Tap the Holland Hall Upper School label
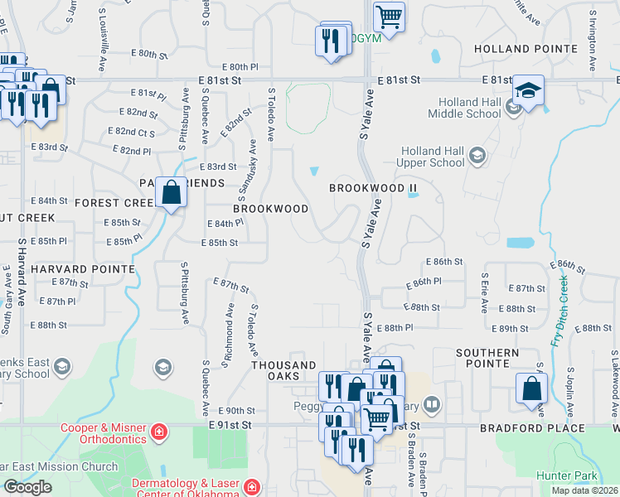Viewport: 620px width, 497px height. click(432, 157)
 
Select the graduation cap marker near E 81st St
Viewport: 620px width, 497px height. click(528, 90)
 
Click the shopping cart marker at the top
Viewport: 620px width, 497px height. click(389, 16)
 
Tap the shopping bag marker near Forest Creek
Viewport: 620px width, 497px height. click(171, 194)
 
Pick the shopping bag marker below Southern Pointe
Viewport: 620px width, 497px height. click(531, 388)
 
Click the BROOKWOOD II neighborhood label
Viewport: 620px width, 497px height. click(372, 188)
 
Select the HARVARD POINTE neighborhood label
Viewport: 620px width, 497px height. click(83, 269)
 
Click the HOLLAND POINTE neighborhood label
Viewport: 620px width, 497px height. click(525, 49)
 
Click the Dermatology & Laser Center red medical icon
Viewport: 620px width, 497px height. click(253, 489)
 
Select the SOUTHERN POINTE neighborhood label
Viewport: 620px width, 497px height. click(487, 358)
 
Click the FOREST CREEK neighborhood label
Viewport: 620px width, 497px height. click(115, 202)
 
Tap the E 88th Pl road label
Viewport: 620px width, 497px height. click(395, 329)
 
